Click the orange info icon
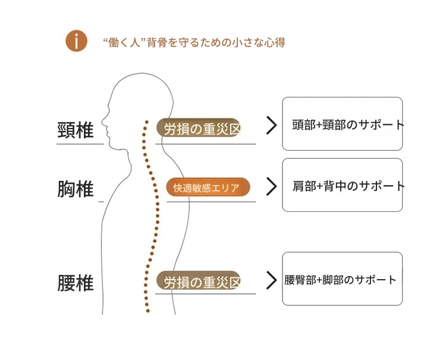point(76,40)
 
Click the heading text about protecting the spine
point(194,43)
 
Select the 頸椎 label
point(76,130)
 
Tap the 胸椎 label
point(76,189)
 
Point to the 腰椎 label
point(76,283)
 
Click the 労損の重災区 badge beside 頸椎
point(199,127)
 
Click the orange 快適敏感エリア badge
point(208,187)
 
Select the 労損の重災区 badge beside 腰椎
point(199,281)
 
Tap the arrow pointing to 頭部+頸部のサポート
point(271,125)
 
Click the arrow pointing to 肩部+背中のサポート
point(271,186)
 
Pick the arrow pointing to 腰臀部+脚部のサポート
point(271,280)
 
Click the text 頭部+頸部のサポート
point(348,124)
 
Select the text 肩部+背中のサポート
point(348,186)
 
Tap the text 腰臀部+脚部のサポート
point(340,280)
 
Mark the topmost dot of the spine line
point(147,122)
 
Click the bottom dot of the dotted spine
point(147,311)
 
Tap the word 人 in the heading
point(134,43)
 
